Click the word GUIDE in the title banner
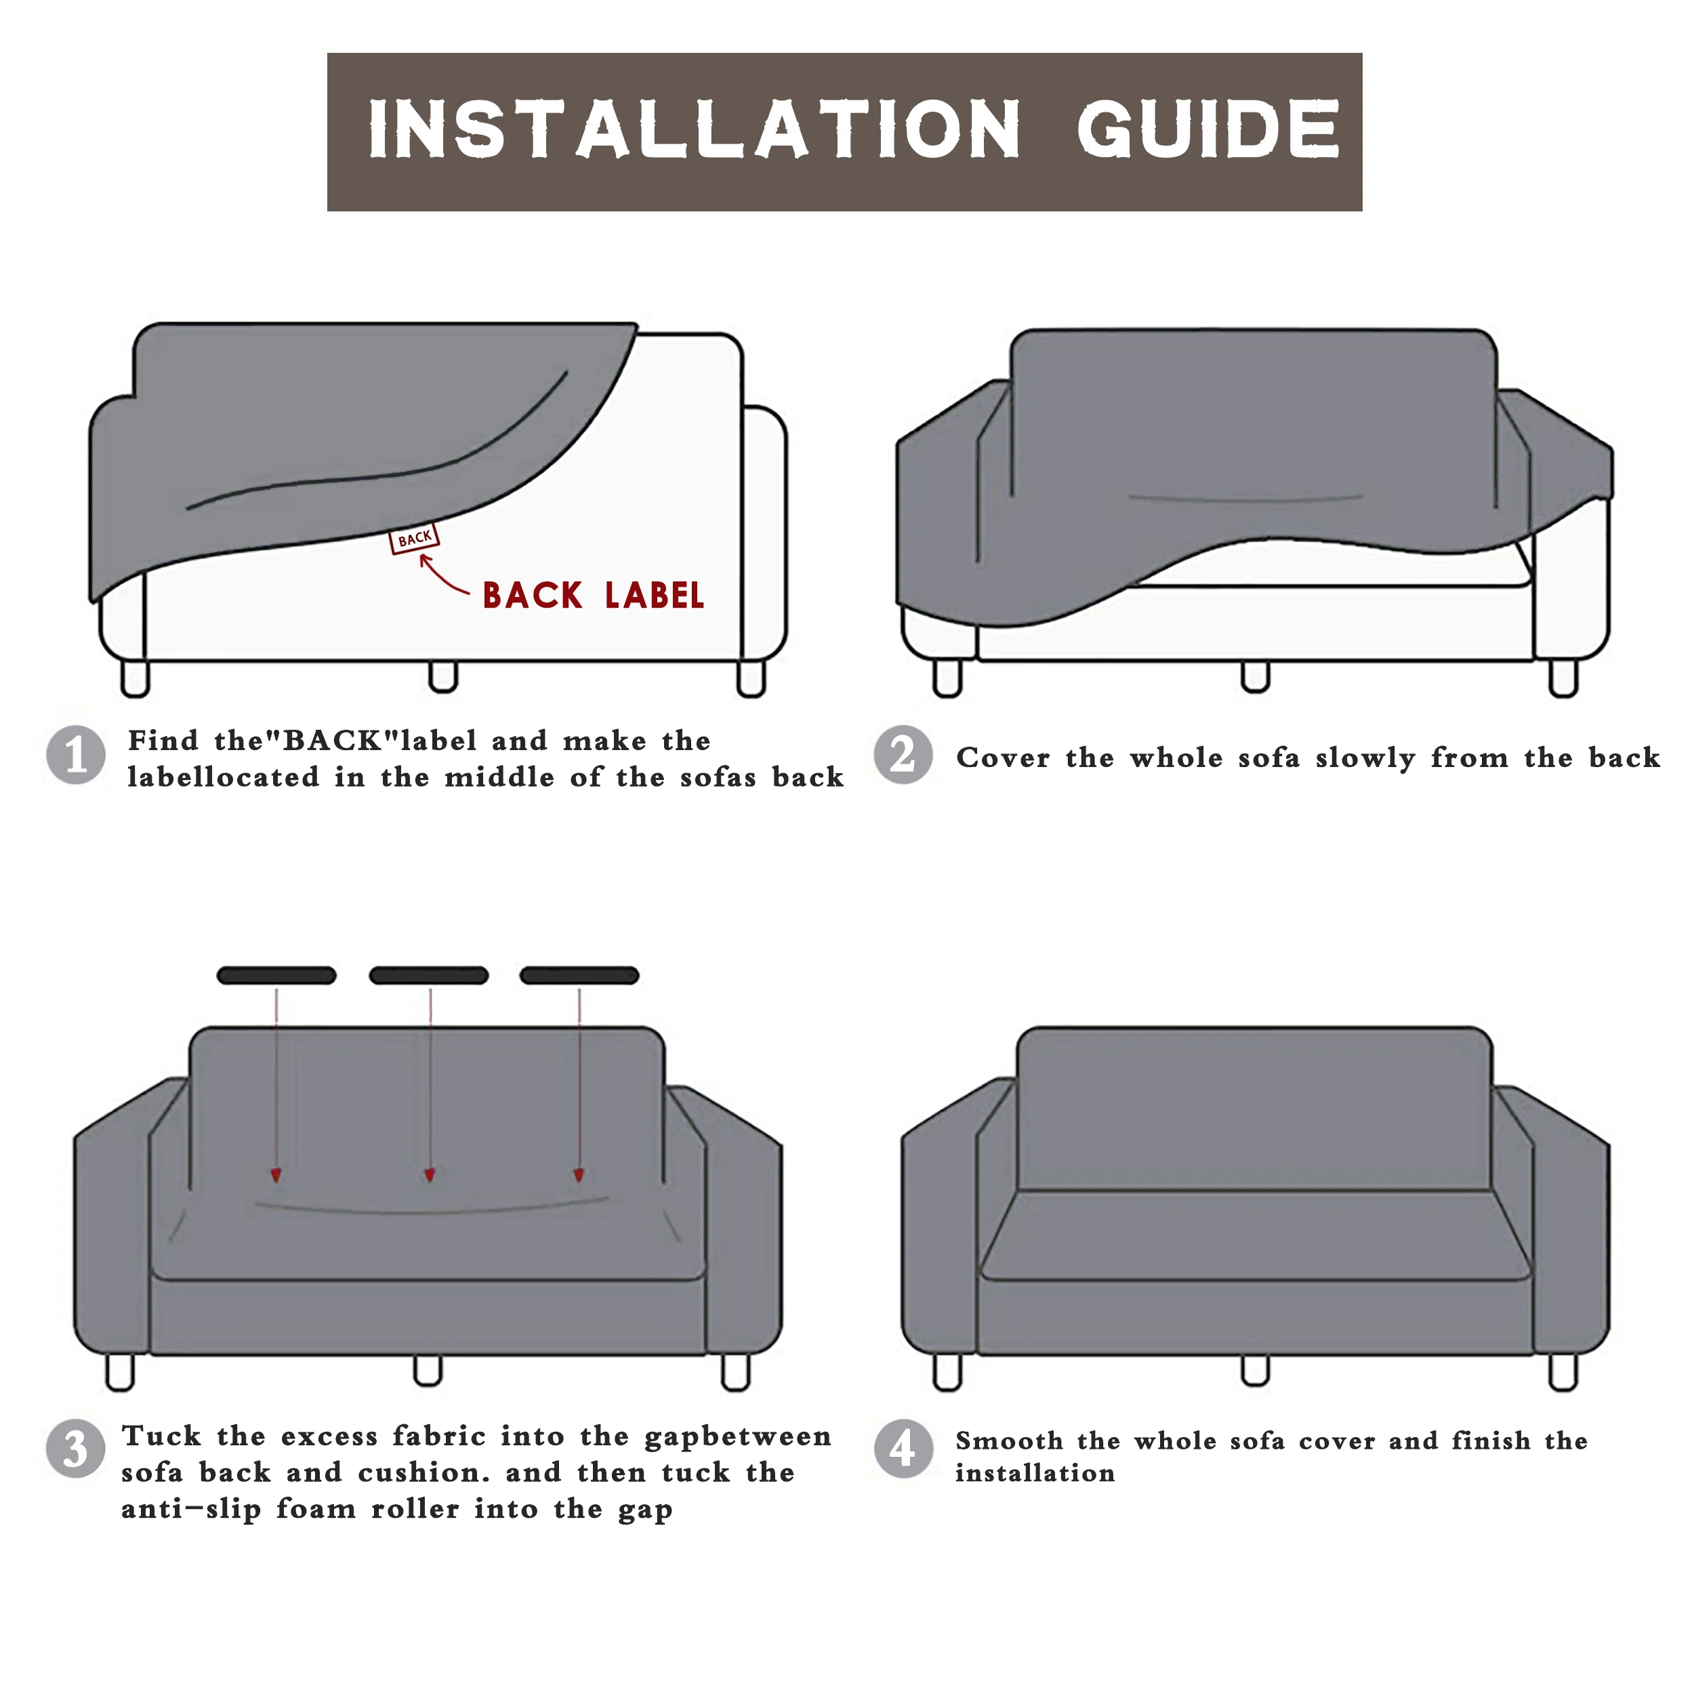(1208, 130)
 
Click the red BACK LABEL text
(593, 596)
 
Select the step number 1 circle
(77, 755)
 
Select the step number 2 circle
(903, 755)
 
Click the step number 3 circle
(75, 1449)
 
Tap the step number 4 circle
(903, 1449)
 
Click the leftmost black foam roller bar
(276, 976)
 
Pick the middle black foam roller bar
(429, 976)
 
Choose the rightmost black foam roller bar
(579, 976)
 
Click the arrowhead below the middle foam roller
(430, 1176)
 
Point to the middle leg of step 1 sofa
(442, 677)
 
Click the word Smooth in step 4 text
(1008, 1441)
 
